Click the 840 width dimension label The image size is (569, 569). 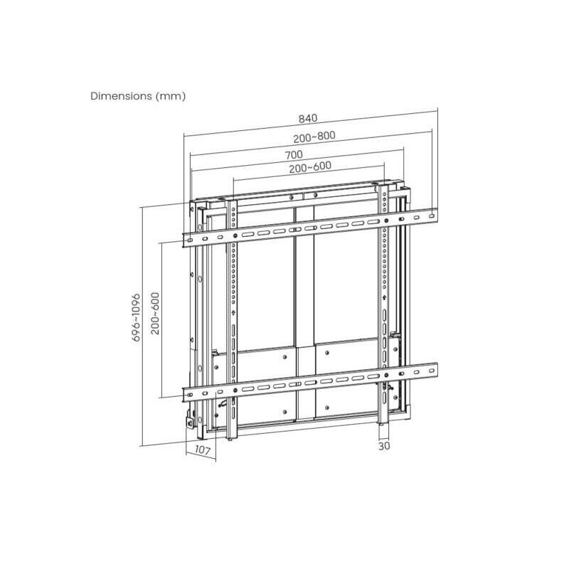point(308,118)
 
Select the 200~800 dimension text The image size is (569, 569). point(314,137)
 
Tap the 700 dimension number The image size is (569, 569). point(294,155)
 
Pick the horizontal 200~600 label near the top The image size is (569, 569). point(310,167)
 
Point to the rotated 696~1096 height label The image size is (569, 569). point(136,317)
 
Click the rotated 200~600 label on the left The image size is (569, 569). point(155,313)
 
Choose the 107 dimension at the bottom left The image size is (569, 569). point(202,450)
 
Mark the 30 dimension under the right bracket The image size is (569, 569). point(384,446)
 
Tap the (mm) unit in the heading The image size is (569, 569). point(171,96)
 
